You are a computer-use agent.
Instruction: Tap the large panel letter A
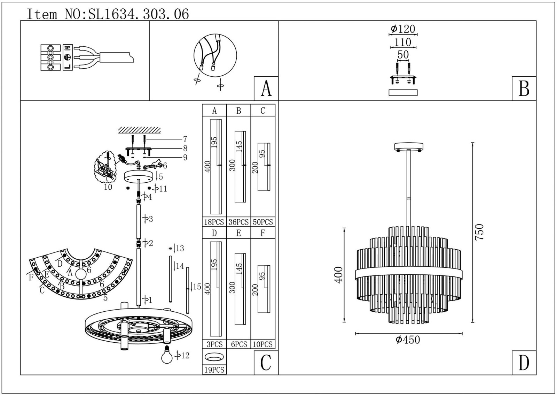point(266,89)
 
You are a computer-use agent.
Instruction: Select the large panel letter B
point(524,89)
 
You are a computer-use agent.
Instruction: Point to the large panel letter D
point(524,363)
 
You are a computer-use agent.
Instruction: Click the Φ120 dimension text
point(403,29)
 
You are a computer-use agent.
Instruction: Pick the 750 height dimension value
point(479,232)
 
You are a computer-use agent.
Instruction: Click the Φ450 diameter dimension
point(408,340)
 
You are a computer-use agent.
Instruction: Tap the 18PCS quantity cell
point(214,222)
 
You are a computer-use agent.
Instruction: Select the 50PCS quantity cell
point(263,222)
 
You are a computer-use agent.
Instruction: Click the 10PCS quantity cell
point(263,344)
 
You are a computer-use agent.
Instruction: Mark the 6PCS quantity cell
point(239,344)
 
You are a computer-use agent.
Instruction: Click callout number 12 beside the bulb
point(185,356)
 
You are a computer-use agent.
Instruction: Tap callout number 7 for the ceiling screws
point(185,139)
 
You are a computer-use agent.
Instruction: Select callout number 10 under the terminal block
point(108,187)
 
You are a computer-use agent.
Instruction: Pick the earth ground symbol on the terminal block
point(68,57)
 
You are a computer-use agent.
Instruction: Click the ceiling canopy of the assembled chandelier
point(409,146)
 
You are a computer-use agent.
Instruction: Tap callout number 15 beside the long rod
point(197,287)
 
